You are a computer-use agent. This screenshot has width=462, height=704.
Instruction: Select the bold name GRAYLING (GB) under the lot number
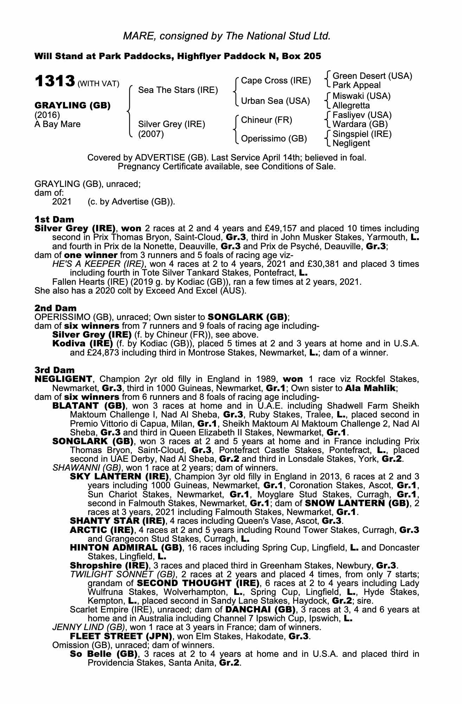pyautogui.click(x=72, y=106)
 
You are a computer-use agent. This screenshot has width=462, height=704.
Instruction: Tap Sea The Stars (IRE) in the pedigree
pyautogui.click(x=178, y=90)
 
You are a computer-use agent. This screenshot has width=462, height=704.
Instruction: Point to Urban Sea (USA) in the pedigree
pyautogui.click(x=275, y=101)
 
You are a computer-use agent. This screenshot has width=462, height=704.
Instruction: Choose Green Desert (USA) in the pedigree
pyautogui.click(x=372, y=76)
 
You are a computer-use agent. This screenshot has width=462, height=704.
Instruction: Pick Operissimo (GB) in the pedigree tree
pyautogui.click(x=274, y=139)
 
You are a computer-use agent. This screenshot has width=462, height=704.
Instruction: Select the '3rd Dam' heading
pyautogui.click(x=54, y=370)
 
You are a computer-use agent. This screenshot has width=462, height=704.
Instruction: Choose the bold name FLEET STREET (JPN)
pyautogui.click(x=121, y=636)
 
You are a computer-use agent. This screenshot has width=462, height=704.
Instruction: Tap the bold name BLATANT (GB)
pyautogui.click(x=89, y=406)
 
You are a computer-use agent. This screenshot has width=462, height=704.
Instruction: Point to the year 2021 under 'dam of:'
pyautogui.click(x=62, y=202)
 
